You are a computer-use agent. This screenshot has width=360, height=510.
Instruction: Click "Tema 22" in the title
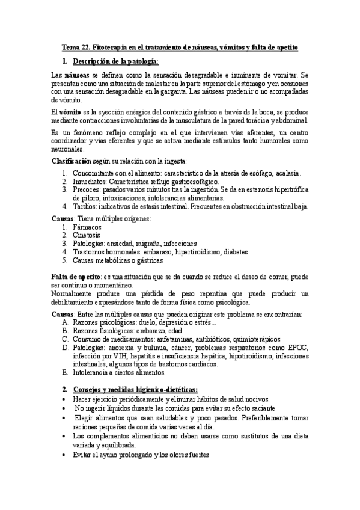click(x=76, y=47)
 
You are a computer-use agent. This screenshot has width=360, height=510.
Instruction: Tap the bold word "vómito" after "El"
click(x=72, y=112)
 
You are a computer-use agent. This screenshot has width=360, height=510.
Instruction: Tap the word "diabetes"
click(x=227, y=251)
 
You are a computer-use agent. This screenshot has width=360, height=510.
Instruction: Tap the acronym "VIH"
click(x=120, y=355)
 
